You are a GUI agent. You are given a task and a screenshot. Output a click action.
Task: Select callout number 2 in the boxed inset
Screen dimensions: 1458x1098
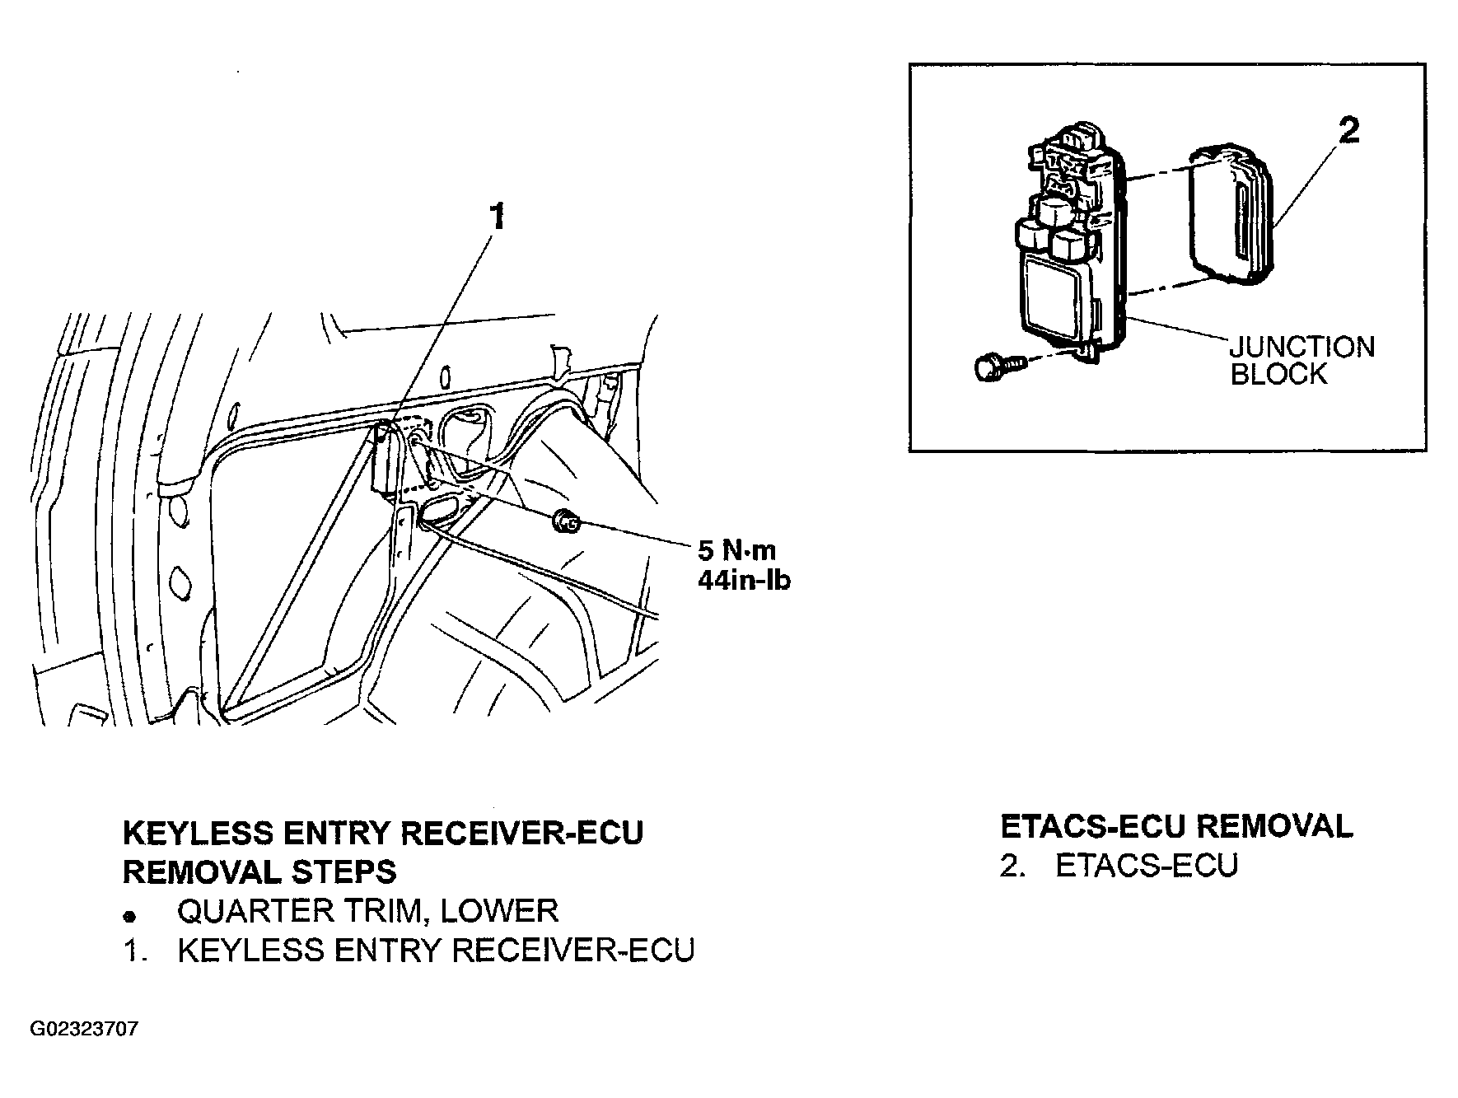click(x=1348, y=131)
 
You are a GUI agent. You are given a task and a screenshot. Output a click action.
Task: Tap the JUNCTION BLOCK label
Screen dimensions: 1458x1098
click(x=1302, y=360)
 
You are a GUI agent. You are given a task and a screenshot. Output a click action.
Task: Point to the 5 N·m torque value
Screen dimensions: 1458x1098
click(x=737, y=550)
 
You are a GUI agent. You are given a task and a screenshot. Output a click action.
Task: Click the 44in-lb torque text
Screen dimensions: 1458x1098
click(x=745, y=580)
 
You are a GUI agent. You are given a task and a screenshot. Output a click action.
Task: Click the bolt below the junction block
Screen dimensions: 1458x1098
click(x=998, y=365)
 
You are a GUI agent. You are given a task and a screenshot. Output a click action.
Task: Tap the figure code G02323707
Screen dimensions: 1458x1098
click(x=84, y=1029)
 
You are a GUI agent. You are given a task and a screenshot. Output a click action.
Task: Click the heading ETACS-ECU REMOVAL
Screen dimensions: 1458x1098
click(x=1176, y=826)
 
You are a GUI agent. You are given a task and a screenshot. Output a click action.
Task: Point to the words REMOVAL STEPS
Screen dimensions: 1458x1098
click(x=259, y=871)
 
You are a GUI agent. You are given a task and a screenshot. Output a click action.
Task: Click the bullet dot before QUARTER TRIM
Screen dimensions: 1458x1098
click(x=129, y=915)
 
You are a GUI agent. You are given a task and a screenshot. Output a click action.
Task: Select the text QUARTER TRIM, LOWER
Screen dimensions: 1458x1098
click(x=368, y=912)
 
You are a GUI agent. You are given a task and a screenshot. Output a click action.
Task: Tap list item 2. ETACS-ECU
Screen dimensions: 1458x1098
click(x=1119, y=866)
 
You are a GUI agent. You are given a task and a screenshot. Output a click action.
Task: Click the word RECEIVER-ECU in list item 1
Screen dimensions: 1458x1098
click(x=573, y=950)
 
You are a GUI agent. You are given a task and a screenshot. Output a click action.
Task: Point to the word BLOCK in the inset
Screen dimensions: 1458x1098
click(x=1278, y=374)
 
